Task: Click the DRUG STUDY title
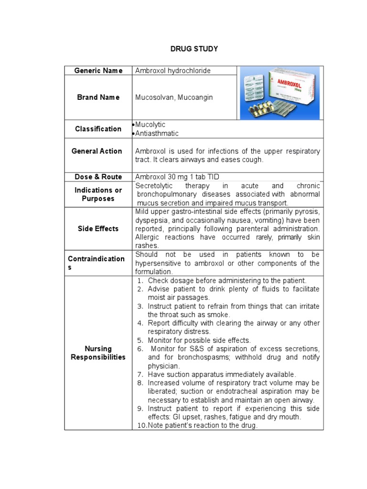[194, 49]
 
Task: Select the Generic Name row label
[98, 71]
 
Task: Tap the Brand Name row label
[98, 97]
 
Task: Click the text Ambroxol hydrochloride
[173, 71]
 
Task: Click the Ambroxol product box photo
[280, 93]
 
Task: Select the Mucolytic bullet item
[150, 125]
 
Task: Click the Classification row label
[98, 129]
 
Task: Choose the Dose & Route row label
[98, 177]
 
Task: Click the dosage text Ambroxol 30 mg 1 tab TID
[177, 177]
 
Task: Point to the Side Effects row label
[98, 229]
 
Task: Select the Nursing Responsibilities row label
[98, 353]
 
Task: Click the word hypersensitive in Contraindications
[160, 263]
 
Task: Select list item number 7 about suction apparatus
[222, 374]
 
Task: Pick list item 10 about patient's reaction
[203, 425]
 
